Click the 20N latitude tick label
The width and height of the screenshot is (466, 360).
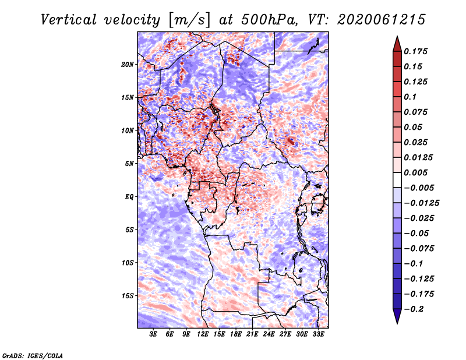click(128, 65)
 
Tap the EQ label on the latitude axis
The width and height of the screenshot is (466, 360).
click(129, 197)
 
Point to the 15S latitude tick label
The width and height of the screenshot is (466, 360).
click(128, 296)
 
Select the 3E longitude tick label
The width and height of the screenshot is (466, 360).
click(153, 334)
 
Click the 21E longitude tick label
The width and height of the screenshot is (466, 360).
click(252, 334)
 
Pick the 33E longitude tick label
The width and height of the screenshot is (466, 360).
click(318, 334)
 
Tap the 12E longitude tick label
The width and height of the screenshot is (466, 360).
click(203, 334)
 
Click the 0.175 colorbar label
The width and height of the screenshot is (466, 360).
click(415, 51)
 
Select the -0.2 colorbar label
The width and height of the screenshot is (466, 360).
click(414, 309)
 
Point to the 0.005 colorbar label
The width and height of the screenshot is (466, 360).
click(415, 172)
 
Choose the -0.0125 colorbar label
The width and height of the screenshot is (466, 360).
click(421, 203)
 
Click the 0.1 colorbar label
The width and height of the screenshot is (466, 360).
click(410, 97)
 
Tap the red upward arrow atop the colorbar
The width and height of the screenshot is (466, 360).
click(397, 44)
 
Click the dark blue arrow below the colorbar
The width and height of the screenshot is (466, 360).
click(397, 316)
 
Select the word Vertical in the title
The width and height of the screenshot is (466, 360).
click(69, 20)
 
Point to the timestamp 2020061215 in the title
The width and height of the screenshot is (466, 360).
click(382, 20)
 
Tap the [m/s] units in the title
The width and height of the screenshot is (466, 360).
click(189, 20)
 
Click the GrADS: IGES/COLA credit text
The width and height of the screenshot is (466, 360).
click(33, 356)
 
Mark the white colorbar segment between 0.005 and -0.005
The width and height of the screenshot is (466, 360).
click(397, 180)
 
